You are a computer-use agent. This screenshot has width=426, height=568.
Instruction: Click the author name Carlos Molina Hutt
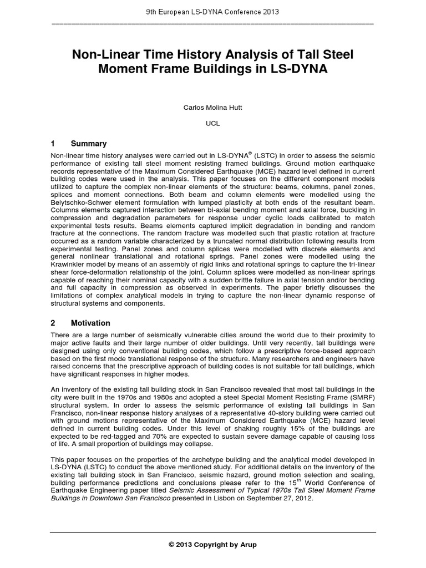click(212, 106)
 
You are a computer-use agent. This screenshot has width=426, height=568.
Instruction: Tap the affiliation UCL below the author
click(213, 123)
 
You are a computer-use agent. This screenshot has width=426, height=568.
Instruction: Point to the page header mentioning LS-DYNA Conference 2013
click(212, 12)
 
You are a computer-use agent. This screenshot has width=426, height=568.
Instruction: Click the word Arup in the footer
click(248, 544)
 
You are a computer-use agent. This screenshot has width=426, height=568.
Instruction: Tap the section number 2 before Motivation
click(53, 323)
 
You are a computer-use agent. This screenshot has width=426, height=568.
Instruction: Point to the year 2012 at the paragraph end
click(304, 498)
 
